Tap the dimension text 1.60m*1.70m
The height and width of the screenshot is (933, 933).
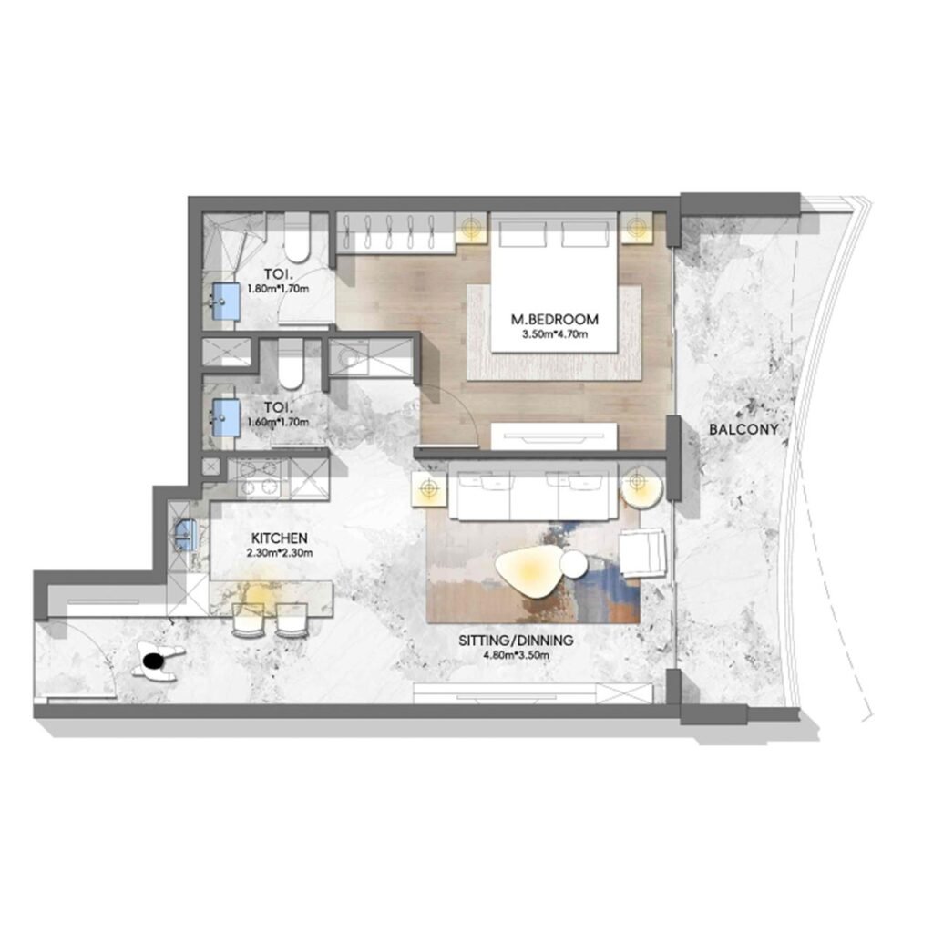click(277, 422)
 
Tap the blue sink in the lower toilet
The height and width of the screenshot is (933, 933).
click(224, 415)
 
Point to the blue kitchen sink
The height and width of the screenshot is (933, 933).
click(186, 533)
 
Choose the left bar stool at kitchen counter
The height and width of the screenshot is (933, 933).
click(248, 620)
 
